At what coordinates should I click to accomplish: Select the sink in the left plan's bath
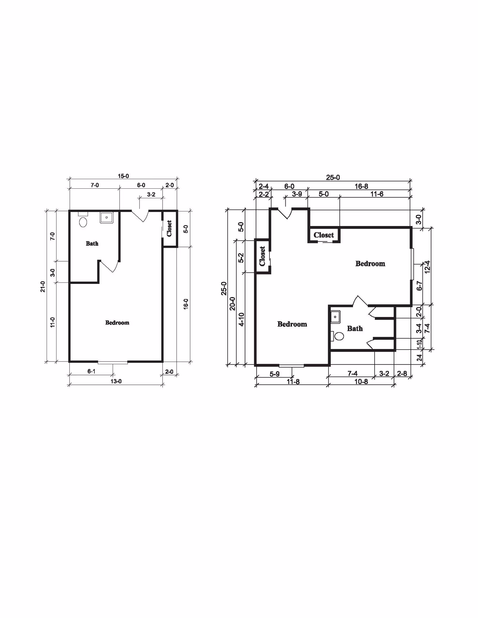pos(107,218)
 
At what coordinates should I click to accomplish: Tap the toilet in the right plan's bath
pos(337,336)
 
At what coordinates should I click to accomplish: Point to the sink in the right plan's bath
pos(335,317)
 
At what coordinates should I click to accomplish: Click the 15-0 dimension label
pos(123,176)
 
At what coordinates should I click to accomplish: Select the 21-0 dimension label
pos(43,286)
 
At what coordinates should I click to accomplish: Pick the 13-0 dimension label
pos(116,381)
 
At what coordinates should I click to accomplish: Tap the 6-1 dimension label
pos(91,371)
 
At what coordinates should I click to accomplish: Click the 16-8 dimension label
pos(361,187)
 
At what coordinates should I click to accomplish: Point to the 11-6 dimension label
pos(377,194)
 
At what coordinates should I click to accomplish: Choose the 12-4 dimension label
pos(427,267)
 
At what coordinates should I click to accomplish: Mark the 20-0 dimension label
pos(232,304)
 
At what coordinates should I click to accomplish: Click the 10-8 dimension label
pos(361,382)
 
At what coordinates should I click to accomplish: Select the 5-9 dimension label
pos(275,374)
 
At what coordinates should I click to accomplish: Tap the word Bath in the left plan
pos(92,244)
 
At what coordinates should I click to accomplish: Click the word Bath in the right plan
pos(355,329)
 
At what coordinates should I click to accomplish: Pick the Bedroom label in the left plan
pos(117,322)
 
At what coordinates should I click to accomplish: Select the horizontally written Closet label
pos(324,235)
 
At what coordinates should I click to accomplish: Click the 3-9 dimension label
pos(297,194)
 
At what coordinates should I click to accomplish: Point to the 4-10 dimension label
pos(241,319)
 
